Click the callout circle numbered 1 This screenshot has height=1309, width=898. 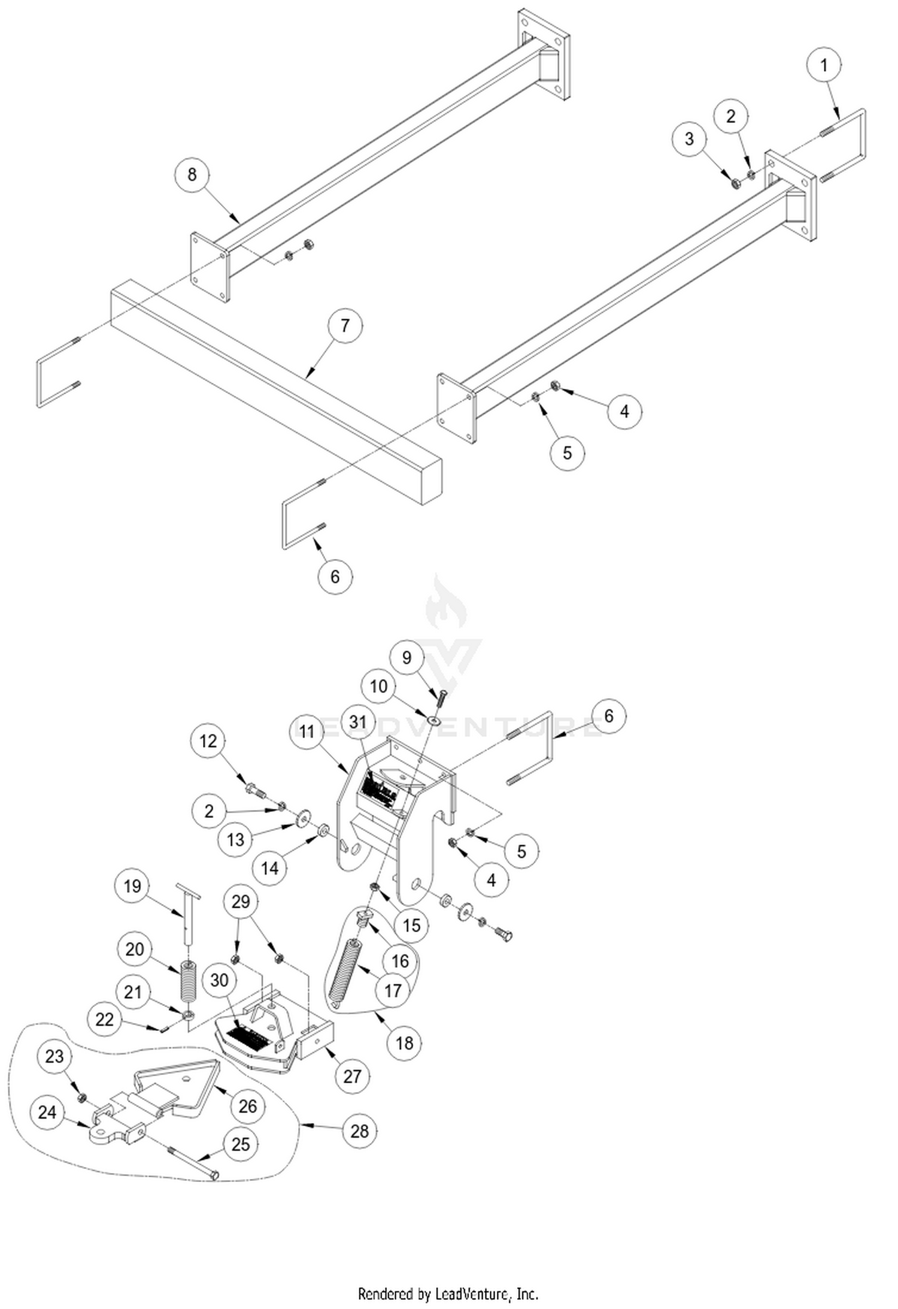(824, 65)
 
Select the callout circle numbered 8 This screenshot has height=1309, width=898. (192, 174)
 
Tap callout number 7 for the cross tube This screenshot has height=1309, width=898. (344, 325)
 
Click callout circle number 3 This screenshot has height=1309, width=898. (689, 139)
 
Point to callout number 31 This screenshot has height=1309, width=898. (358, 722)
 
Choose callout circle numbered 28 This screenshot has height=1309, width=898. (359, 1131)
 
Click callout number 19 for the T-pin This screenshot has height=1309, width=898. (132, 886)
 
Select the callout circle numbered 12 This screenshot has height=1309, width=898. (208, 741)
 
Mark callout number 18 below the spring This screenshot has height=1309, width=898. (405, 1043)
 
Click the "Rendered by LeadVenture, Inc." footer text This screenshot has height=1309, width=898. (448, 1294)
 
